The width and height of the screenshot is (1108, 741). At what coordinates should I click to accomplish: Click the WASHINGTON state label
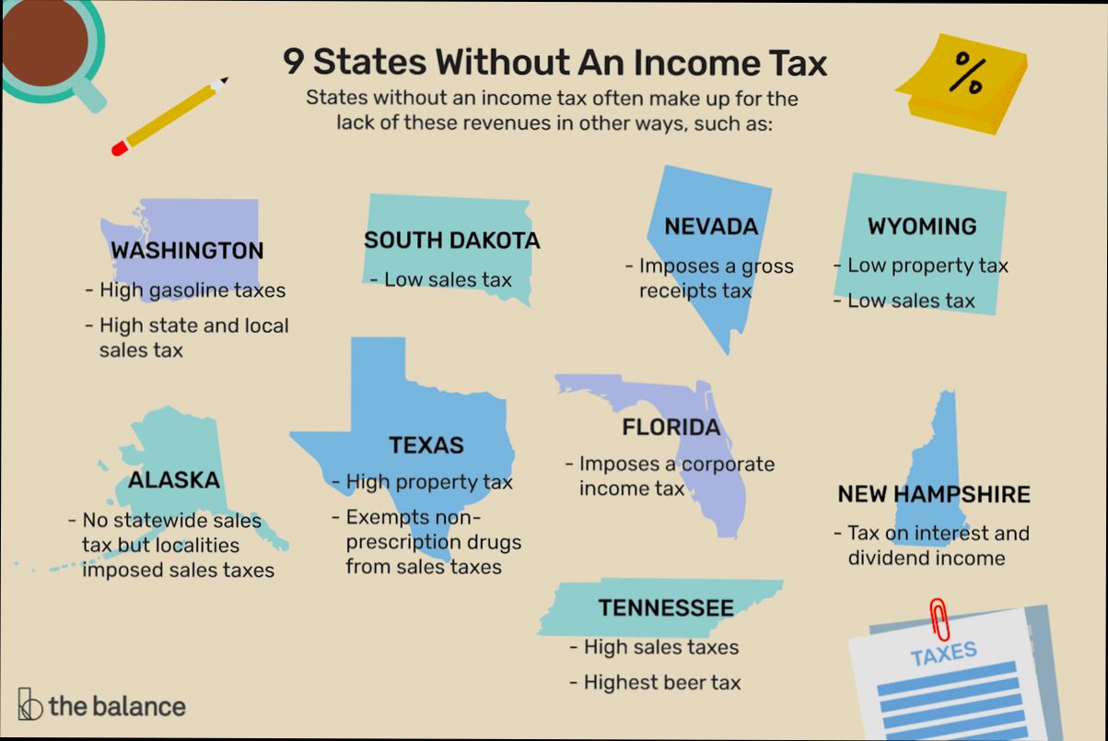(x=187, y=251)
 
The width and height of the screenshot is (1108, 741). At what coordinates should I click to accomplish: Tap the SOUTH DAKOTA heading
(x=451, y=241)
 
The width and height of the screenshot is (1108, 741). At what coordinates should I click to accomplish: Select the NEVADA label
(x=711, y=227)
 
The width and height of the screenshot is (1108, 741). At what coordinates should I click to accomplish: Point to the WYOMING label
(x=921, y=227)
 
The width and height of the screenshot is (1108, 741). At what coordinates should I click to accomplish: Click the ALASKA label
(x=174, y=480)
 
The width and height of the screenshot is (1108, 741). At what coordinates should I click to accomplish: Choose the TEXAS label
(x=426, y=445)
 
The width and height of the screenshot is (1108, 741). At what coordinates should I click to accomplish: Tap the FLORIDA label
(x=671, y=428)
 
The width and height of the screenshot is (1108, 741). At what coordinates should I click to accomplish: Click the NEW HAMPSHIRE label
(x=933, y=495)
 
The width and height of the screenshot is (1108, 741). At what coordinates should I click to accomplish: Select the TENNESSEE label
(x=666, y=608)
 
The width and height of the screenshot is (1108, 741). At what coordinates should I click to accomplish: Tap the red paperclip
(x=939, y=617)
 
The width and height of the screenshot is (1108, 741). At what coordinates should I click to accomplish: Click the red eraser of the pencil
(x=119, y=147)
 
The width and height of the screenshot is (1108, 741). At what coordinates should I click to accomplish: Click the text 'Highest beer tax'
(x=661, y=683)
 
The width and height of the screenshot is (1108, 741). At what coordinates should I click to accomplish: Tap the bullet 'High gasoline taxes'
(x=192, y=290)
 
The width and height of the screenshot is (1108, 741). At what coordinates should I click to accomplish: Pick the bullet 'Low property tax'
(x=927, y=266)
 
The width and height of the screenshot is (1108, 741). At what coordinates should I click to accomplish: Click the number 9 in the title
(x=292, y=63)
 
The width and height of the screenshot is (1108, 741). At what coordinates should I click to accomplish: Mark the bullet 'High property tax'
(x=428, y=482)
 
